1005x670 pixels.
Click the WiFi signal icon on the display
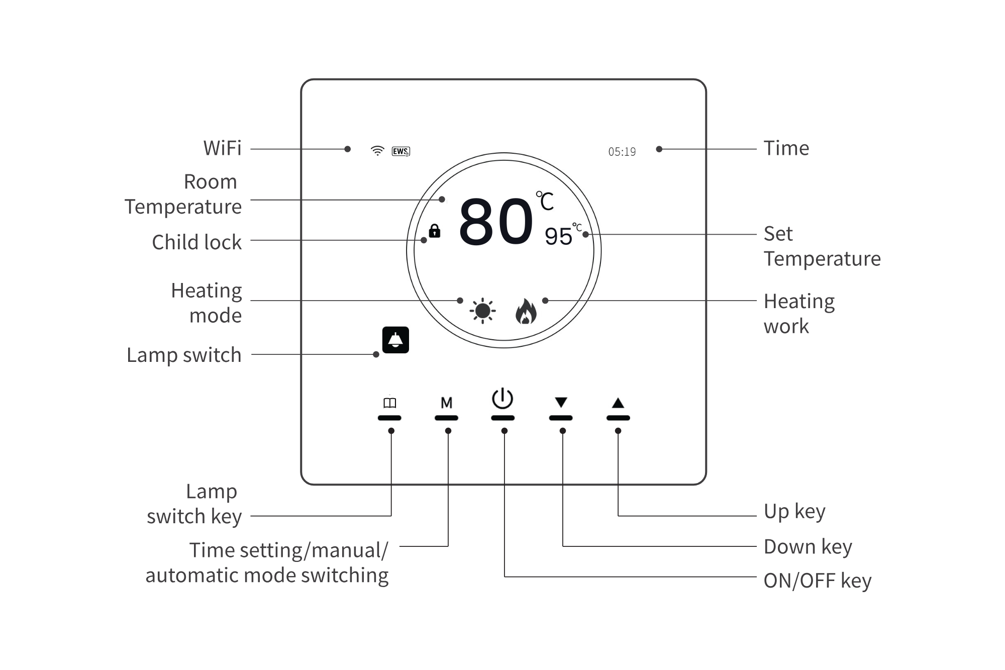(377, 151)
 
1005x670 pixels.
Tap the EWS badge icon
(400, 151)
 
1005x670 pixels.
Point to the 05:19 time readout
(622, 152)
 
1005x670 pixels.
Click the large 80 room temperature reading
(496, 222)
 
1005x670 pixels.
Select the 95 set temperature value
(558, 236)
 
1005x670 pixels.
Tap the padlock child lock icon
(435, 231)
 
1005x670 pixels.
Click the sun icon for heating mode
(482, 311)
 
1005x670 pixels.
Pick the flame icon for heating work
(526, 311)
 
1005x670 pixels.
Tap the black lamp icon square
(395, 340)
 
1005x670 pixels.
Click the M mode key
(446, 403)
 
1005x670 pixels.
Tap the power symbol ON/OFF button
(502, 399)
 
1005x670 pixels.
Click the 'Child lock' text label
(196, 242)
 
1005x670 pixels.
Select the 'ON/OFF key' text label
(817, 581)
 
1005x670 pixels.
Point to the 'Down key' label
(808, 547)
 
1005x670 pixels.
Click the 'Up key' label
(794, 512)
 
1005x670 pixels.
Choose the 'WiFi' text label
(222, 148)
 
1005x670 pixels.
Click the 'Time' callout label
(786, 148)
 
